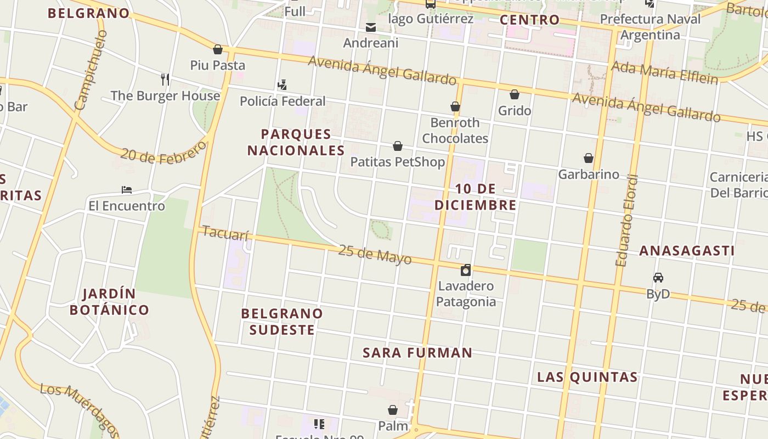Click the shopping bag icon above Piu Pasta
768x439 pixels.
click(218, 49)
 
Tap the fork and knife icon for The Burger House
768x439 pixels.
click(165, 80)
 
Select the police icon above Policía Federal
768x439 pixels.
click(282, 85)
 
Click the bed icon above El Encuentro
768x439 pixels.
click(127, 190)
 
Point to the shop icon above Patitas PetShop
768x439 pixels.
click(398, 146)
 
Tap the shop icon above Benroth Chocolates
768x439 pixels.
click(455, 106)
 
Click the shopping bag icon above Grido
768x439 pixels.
click(515, 94)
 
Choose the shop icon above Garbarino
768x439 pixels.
click(589, 159)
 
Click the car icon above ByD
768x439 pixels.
click(658, 278)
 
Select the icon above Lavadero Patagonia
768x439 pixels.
click(466, 269)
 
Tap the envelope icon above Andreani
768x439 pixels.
click(371, 27)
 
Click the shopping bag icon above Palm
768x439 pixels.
click(393, 410)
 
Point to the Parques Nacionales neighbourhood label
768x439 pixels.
click(296, 142)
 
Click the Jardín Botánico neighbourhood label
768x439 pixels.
click(110, 302)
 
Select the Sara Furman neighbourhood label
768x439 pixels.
click(417, 353)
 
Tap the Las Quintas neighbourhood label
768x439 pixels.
click(587, 377)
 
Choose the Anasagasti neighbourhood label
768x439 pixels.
click(687, 251)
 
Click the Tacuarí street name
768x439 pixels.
click(225, 233)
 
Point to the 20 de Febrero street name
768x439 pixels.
click(164, 153)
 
